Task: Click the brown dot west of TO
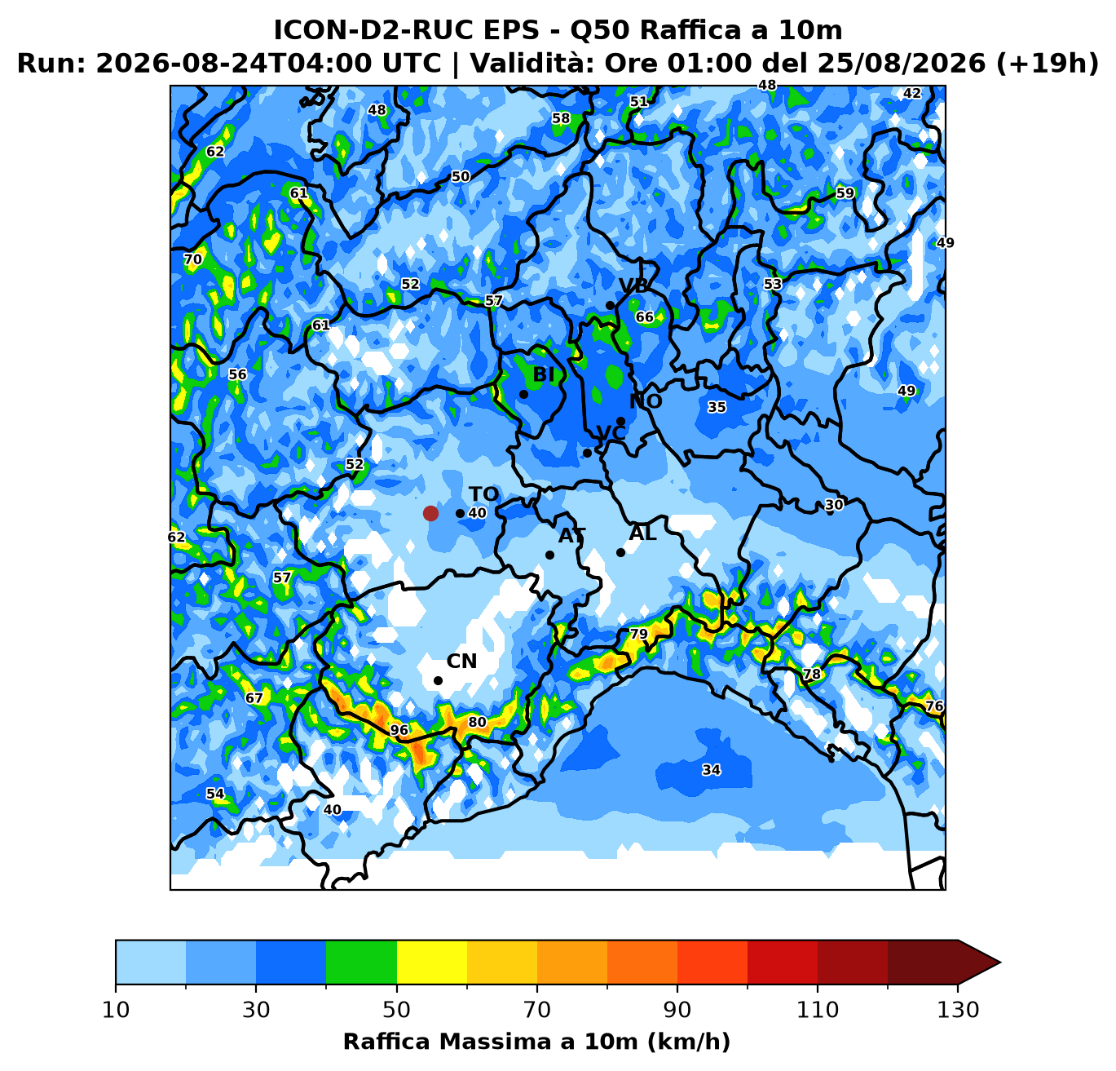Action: pyautogui.click(x=430, y=514)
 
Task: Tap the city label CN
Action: pyautogui.click(x=461, y=662)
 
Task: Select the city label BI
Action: pyautogui.click(x=544, y=374)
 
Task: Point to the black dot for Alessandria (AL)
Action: pyautogui.click(x=620, y=553)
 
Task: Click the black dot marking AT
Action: pyautogui.click(x=549, y=555)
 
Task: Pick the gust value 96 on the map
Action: pyautogui.click(x=399, y=730)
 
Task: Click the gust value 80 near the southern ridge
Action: pyautogui.click(x=477, y=722)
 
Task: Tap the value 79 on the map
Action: pyautogui.click(x=639, y=634)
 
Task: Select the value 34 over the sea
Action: pyautogui.click(x=711, y=770)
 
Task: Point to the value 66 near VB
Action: pyautogui.click(x=645, y=316)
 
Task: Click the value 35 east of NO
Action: pyautogui.click(x=717, y=407)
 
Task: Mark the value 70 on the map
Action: pyautogui.click(x=192, y=259)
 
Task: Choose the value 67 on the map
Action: pyautogui.click(x=254, y=698)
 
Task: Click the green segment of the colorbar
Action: pyautogui.click(x=361, y=962)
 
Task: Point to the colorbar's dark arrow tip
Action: pyautogui.click(x=1000, y=962)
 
